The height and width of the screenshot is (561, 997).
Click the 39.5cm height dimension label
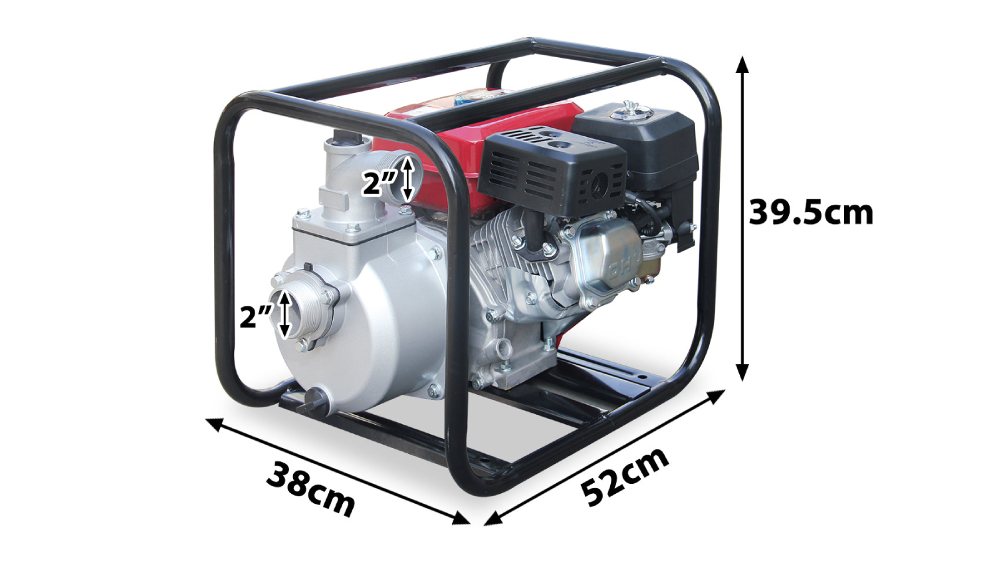pos(811,213)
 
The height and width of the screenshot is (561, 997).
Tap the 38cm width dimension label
pos(310,488)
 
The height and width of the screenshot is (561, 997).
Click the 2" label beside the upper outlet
pos(380,183)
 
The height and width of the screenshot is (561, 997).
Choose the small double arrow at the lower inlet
pos(284,314)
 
